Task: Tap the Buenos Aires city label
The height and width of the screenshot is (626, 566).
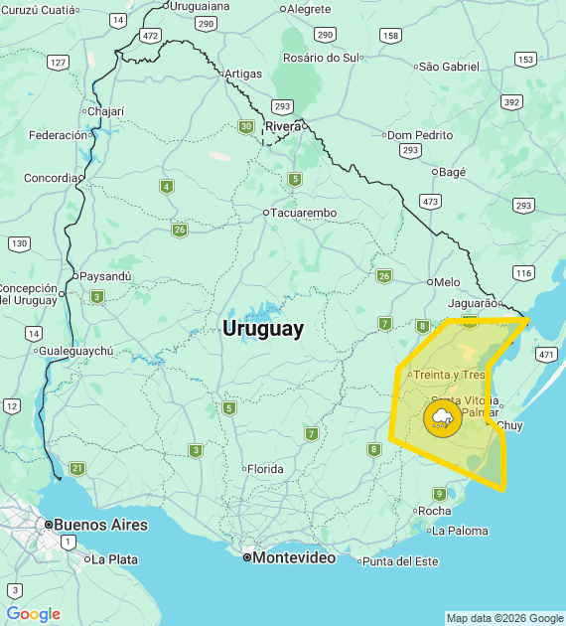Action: tap(100, 525)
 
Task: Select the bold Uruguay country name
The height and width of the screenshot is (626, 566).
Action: tap(263, 329)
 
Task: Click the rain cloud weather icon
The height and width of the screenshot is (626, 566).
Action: tap(442, 418)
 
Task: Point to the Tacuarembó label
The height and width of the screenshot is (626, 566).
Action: tap(304, 213)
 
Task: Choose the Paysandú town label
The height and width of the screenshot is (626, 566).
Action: tap(106, 276)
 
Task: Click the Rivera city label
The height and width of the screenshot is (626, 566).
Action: tap(283, 126)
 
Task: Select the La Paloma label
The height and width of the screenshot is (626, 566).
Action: tap(460, 531)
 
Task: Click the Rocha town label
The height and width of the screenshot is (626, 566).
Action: tap(435, 511)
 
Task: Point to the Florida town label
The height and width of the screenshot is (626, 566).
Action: tap(265, 469)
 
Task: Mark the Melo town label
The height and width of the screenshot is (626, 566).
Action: tap(447, 282)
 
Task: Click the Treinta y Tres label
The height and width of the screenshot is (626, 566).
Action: tap(449, 375)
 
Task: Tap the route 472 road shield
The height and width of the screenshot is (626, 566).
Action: tap(150, 35)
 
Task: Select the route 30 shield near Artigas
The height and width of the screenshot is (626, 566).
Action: tap(246, 126)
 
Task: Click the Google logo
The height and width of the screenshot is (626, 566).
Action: tap(34, 614)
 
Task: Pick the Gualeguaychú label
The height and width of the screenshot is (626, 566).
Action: tap(77, 351)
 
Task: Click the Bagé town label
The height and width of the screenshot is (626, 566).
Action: tap(452, 172)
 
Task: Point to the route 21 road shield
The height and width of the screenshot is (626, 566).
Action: tap(77, 468)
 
